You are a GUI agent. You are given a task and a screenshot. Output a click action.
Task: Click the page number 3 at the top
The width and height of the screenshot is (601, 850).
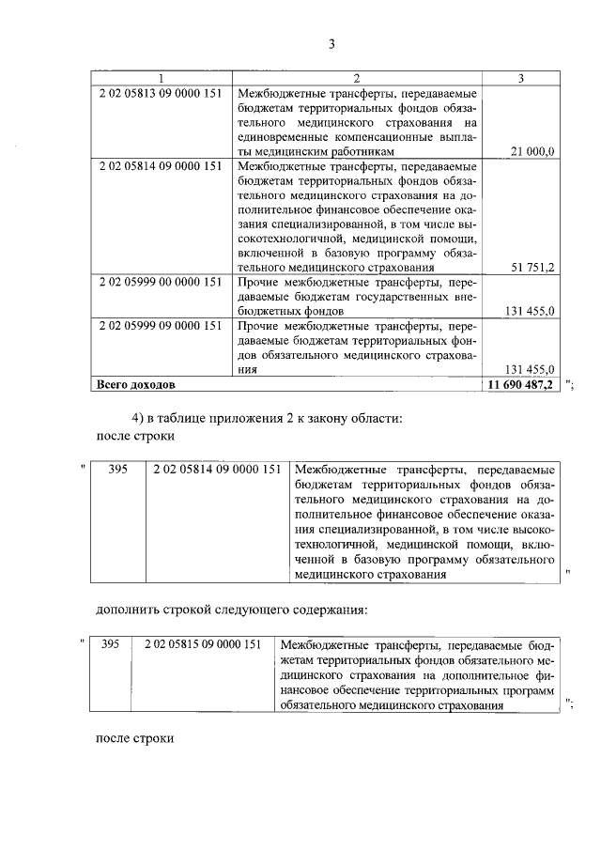(x=331, y=43)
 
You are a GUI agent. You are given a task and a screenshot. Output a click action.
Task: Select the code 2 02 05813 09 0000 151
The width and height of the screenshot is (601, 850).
(x=160, y=94)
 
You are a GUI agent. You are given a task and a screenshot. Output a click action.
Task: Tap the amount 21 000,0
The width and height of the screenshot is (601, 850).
(x=532, y=150)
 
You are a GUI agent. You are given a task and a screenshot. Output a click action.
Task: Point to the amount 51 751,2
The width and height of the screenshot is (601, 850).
(x=532, y=267)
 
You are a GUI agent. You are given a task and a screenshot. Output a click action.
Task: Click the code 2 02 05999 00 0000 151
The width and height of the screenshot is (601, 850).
(x=160, y=281)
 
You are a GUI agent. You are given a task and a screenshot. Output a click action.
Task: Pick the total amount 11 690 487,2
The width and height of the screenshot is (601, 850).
(x=521, y=384)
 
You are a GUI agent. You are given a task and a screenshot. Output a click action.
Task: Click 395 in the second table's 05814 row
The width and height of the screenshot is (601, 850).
(x=118, y=470)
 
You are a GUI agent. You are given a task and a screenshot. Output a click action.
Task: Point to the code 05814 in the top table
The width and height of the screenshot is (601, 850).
(x=160, y=165)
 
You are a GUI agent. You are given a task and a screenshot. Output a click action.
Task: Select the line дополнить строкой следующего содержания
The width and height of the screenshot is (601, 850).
(x=231, y=610)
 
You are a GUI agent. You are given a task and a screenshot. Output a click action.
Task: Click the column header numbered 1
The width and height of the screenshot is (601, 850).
(x=161, y=78)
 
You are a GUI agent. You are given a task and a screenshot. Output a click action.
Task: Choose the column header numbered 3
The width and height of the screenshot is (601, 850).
(x=521, y=78)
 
